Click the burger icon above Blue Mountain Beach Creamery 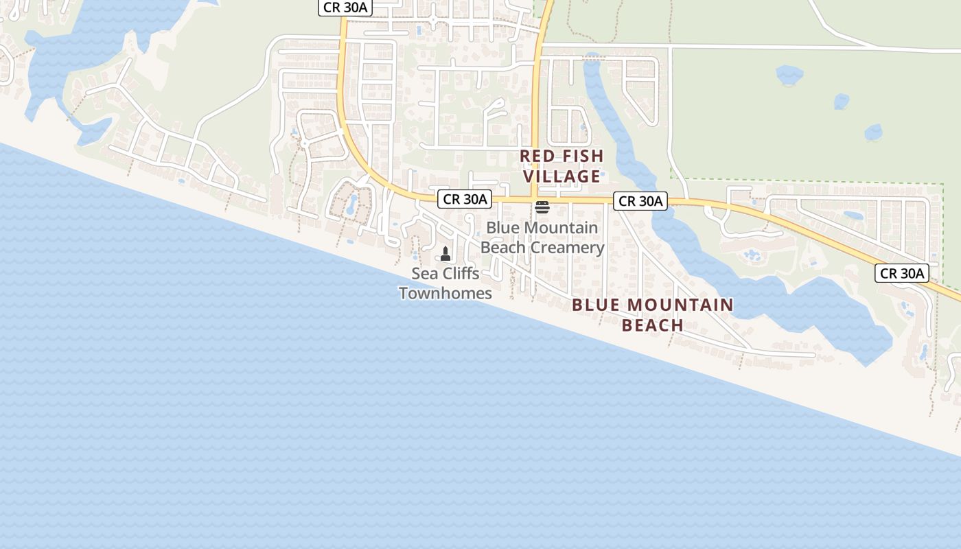542,207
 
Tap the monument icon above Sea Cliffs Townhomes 445,254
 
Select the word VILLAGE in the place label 562,176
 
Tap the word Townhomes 445,293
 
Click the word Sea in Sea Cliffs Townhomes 424,273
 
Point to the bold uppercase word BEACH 653,325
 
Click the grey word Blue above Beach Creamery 502,227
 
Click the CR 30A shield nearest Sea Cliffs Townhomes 465,200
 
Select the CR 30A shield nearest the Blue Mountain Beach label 640,201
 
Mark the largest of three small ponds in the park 789,73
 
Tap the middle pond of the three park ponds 842,102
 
